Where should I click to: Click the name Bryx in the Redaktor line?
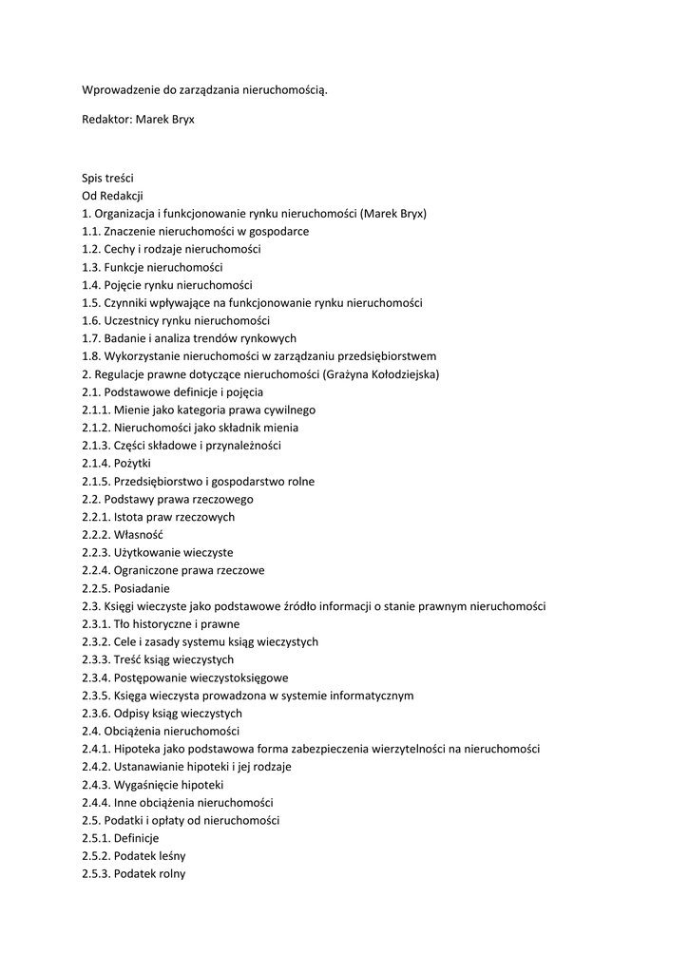tap(180, 121)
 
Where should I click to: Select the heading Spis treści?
tap(107, 178)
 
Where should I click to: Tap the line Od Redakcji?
tap(111, 196)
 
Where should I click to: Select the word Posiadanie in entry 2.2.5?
tap(143, 588)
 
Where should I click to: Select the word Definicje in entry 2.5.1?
tap(136, 838)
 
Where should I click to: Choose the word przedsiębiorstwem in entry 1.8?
tap(381, 356)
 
